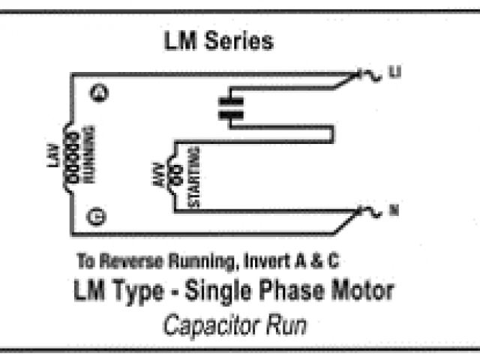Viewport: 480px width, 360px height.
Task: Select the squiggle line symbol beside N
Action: point(373,211)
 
